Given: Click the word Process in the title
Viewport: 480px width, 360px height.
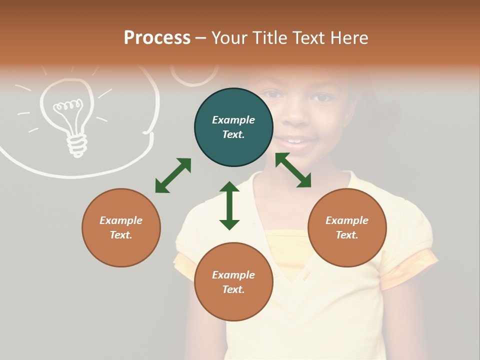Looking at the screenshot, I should coord(157,38).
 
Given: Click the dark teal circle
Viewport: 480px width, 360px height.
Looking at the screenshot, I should coord(233,127).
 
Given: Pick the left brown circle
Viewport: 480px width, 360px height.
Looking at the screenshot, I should coord(121,227).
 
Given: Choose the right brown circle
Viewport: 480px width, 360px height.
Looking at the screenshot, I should coord(347,227).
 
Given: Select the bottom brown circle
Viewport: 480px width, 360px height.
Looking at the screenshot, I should coord(233,282).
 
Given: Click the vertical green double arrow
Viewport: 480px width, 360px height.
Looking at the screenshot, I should coord(229,205).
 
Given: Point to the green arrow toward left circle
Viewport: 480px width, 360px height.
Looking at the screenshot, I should coord(173,175).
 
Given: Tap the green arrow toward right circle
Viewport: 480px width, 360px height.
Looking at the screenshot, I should coord(293,170).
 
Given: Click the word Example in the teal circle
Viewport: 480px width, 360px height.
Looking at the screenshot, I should coord(233,120).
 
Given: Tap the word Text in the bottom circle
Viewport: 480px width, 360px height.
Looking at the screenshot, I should coord(233,289).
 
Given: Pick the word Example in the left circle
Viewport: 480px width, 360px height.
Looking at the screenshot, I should coord(121,220).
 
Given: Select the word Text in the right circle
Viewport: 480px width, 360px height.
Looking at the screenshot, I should coord(347,235).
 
